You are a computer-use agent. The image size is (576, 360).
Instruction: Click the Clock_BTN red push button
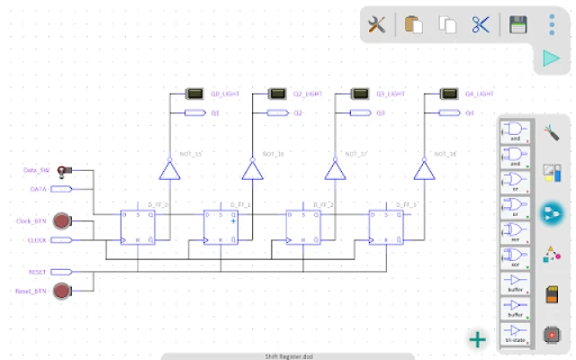pos(61,220)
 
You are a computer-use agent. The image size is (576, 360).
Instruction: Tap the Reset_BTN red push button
pos(61,291)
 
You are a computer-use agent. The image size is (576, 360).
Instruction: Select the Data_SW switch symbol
pos(64,170)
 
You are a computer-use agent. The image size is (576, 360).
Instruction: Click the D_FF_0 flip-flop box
pos(138,228)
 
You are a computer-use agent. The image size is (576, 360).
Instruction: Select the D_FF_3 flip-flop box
pos(386,228)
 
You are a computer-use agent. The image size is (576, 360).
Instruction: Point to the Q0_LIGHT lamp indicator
pos(193,94)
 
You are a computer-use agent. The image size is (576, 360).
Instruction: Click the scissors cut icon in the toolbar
pos(480,25)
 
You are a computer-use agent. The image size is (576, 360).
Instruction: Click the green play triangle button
pos(551,58)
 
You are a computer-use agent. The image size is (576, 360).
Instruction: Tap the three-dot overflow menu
pos(552,24)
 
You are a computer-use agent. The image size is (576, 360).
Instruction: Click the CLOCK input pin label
pos(37,240)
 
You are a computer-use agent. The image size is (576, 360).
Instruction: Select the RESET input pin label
pos(37,270)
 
